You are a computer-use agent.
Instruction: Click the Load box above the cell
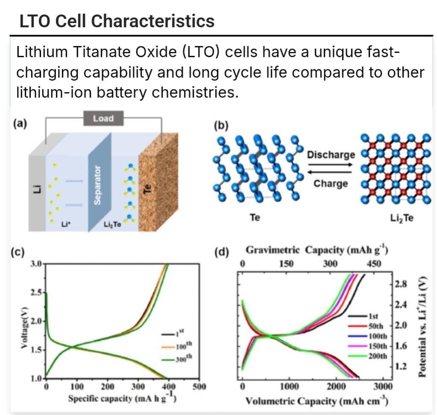coord(103,118)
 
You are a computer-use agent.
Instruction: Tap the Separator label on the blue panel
coord(97,184)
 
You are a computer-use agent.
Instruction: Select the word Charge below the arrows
coord(331,184)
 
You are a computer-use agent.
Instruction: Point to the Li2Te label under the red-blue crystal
coord(402,218)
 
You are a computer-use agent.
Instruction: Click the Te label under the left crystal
coord(255,218)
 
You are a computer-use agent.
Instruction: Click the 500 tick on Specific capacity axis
coord(199,387)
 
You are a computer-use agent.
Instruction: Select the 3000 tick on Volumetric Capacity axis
coord(383,387)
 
